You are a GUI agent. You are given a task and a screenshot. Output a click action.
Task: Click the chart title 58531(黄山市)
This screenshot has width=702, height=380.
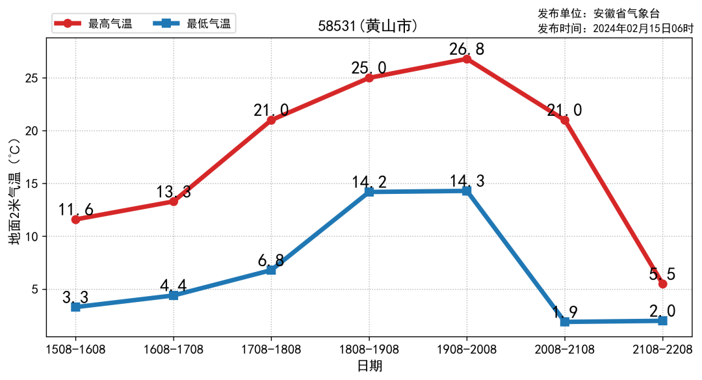(x=367, y=27)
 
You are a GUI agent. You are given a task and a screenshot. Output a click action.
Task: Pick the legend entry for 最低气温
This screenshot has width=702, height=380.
(x=191, y=24)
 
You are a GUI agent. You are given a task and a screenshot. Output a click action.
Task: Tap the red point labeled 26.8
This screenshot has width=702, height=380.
(x=467, y=59)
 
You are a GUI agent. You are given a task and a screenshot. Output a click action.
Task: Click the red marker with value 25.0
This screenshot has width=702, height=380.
(x=369, y=77)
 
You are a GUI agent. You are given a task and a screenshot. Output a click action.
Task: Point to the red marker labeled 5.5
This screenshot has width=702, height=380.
(x=662, y=284)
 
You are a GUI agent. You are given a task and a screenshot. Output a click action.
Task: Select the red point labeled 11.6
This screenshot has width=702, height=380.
(x=76, y=219)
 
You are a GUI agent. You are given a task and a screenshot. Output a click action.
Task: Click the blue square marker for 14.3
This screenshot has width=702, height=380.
(x=467, y=191)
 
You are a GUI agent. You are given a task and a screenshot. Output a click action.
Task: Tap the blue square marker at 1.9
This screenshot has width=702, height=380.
(x=565, y=321)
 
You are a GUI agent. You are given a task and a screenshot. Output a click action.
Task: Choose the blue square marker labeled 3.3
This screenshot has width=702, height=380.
(x=76, y=306)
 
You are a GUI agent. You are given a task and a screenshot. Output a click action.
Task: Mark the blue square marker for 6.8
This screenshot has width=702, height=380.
(x=271, y=269)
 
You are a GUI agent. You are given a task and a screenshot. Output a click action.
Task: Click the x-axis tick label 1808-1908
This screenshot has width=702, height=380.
(x=369, y=349)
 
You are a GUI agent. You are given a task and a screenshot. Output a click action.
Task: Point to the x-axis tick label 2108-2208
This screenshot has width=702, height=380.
(x=662, y=349)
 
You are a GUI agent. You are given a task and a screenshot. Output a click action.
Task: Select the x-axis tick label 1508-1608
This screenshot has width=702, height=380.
(x=76, y=349)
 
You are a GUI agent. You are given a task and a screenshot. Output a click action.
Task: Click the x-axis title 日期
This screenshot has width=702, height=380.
(x=369, y=366)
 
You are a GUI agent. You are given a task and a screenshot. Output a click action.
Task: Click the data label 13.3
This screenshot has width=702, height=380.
(x=174, y=192)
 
